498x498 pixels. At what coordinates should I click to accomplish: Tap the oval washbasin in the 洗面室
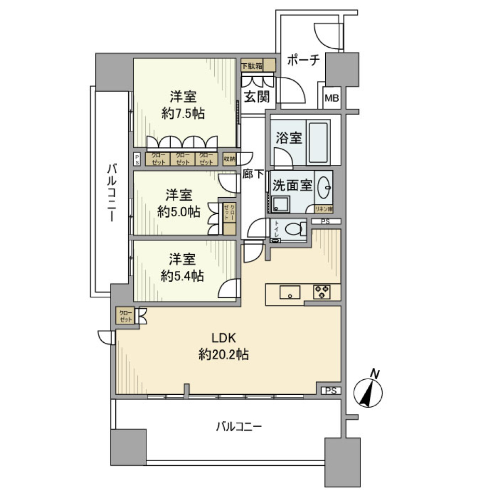[x=324, y=187]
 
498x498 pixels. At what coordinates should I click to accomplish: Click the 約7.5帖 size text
[x=183, y=114]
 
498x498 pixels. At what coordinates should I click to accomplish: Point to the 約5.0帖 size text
[x=179, y=212]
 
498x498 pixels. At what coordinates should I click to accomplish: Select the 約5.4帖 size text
[x=182, y=276]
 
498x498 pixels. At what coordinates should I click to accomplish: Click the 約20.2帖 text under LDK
[x=224, y=355]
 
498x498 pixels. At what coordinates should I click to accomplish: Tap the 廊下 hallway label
[x=253, y=175]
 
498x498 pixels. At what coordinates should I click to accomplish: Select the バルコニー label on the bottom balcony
[x=239, y=427]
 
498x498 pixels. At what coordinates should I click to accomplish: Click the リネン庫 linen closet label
[x=324, y=209]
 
